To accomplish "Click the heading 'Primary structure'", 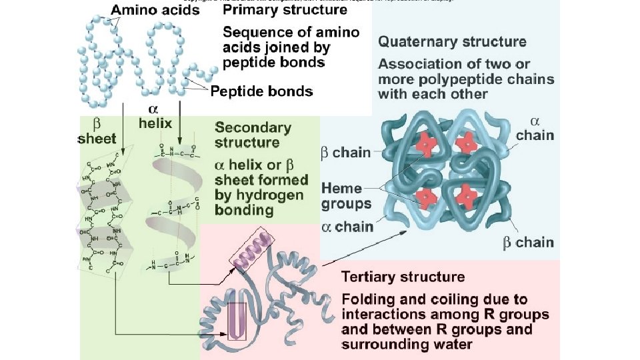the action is click(x=285, y=10).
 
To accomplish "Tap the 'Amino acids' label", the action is click(x=155, y=10).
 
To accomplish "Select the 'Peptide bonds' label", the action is click(x=261, y=91).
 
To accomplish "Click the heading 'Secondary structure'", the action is click(x=253, y=135).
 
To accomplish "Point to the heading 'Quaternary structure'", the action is click(x=452, y=41).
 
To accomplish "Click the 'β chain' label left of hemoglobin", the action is click(x=345, y=152).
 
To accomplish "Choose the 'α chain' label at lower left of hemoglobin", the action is click(x=347, y=227).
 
